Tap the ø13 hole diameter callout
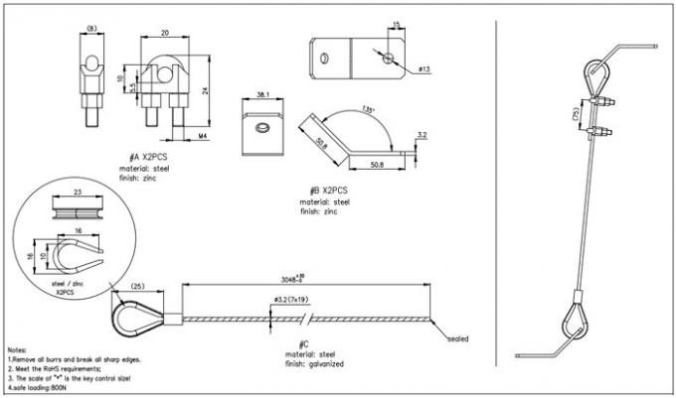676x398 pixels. tap(422, 69)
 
